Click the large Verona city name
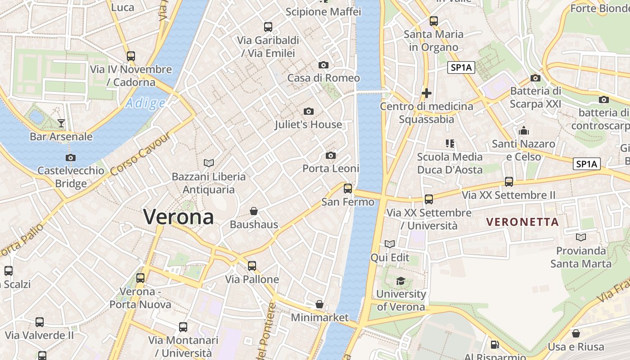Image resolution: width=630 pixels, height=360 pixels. (x=179, y=217)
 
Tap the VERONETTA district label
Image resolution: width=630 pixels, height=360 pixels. (x=522, y=222)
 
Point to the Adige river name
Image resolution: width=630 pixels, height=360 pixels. (x=145, y=103)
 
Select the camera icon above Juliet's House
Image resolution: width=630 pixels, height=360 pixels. (x=309, y=111)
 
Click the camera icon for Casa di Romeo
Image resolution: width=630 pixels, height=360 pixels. (x=323, y=65)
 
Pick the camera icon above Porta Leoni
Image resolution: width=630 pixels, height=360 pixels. (x=331, y=156)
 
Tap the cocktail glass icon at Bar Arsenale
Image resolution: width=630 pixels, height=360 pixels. (x=61, y=123)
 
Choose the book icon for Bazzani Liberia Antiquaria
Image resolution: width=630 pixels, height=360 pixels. (x=209, y=163)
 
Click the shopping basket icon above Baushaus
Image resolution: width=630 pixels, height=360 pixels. (x=254, y=211)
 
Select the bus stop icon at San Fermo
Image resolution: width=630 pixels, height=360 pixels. (x=348, y=189)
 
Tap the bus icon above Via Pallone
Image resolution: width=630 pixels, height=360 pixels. (x=252, y=266)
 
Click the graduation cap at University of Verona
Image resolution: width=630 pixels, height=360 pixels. (x=400, y=281)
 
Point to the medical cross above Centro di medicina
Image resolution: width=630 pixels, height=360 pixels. (x=427, y=94)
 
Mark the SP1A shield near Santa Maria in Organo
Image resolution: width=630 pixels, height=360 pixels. (x=461, y=68)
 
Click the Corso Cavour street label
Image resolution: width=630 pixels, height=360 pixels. (x=141, y=155)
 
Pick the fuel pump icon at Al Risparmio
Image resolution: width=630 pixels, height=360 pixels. (x=495, y=345)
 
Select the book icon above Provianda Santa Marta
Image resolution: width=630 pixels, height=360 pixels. (x=581, y=237)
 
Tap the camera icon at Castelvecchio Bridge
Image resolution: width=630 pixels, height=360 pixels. (x=70, y=157)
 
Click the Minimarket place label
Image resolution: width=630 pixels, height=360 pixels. (x=319, y=318)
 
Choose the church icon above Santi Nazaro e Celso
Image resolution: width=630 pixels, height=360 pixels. (x=523, y=131)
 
